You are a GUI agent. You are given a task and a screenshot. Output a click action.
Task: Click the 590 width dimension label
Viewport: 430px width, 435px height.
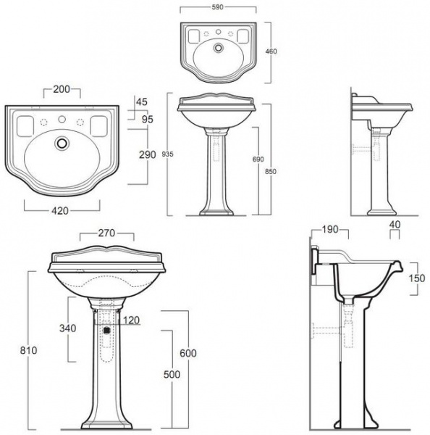(217, 7)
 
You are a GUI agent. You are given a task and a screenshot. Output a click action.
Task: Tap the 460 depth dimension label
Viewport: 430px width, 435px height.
(271, 51)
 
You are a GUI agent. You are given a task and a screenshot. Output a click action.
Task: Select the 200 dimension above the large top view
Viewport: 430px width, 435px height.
(62, 89)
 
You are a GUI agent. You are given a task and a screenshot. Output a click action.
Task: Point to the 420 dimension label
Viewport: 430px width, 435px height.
(60, 211)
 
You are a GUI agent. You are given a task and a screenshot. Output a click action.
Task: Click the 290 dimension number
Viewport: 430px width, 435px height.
(148, 154)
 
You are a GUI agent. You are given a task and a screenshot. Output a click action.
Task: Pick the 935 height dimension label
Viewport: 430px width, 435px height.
(167, 154)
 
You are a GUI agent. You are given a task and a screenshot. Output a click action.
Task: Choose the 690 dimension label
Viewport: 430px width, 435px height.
(258, 159)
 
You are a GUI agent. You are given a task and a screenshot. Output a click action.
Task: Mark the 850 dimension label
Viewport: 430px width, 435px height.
(271, 171)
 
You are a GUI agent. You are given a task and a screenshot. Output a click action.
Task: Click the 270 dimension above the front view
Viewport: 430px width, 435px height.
(106, 233)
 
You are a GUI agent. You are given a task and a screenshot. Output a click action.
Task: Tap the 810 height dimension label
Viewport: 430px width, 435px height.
(28, 350)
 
